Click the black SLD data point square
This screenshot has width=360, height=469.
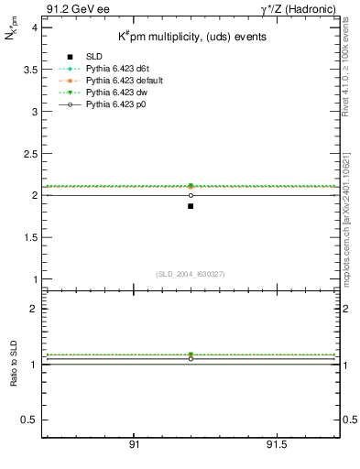[x=191, y=206]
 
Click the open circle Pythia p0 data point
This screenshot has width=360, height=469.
[x=191, y=195]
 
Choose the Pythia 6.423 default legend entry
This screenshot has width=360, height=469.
[x=122, y=81]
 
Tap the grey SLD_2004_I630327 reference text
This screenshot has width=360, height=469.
[x=190, y=274]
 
